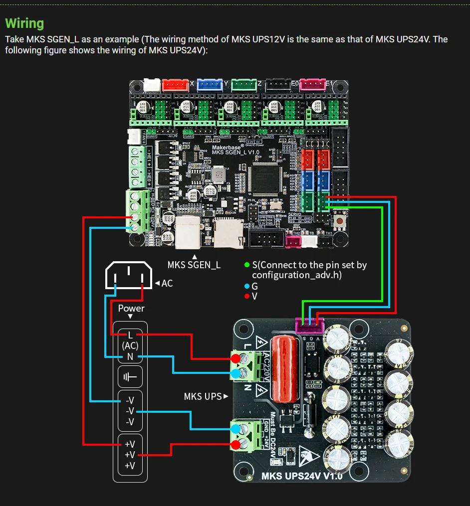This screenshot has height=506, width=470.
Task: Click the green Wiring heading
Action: coord(24,23)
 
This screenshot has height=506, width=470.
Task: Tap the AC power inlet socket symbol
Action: coord(128,275)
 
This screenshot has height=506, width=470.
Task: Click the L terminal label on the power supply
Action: coord(130,335)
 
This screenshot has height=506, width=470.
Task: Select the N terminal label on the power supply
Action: coord(130,356)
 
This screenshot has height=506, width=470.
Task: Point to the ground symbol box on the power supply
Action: coord(130,377)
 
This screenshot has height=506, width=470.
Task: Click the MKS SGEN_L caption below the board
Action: coord(194,265)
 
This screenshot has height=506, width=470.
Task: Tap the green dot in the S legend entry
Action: coord(247,265)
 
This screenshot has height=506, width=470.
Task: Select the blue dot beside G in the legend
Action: coord(247,286)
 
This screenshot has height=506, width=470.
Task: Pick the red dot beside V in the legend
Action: coord(247,296)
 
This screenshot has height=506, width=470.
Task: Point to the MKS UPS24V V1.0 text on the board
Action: coord(302,476)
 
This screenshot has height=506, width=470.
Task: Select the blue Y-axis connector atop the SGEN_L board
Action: coord(210,85)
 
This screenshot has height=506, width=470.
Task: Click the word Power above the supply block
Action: coord(131,309)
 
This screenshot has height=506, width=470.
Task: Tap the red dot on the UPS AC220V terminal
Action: coord(235,358)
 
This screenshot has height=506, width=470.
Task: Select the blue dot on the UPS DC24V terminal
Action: coord(235,427)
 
